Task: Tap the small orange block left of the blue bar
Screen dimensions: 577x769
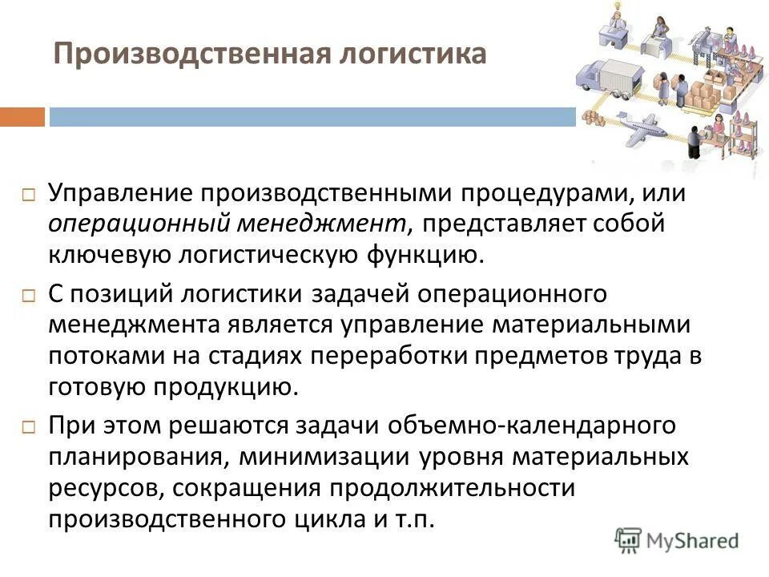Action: click(22, 117)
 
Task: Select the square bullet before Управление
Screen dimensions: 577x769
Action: click(29, 195)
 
